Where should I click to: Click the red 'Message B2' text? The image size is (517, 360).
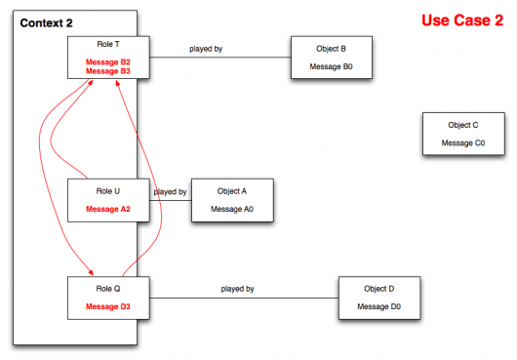pyautogui.click(x=107, y=61)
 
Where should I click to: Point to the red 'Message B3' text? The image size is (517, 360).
pyautogui.click(x=107, y=71)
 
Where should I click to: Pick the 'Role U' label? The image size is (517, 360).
pyautogui.click(x=107, y=191)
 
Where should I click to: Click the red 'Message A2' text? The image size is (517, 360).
pyautogui.click(x=107, y=209)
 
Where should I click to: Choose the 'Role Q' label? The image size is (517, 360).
pyautogui.click(x=107, y=289)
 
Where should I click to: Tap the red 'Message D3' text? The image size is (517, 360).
pyautogui.click(x=107, y=307)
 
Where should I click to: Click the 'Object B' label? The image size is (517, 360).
pyautogui.click(x=332, y=48)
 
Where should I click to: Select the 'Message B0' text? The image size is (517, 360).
pyautogui.click(x=332, y=66)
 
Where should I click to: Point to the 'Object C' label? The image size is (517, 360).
pyautogui.click(x=463, y=125)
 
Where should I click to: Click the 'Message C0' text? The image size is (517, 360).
pyautogui.click(x=463, y=143)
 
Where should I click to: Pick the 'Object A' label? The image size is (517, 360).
pyautogui.click(x=232, y=191)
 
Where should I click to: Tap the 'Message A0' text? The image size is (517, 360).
pyautogui.click(x=232, y=209)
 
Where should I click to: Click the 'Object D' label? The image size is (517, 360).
pyautogui.click(x=379, y=289)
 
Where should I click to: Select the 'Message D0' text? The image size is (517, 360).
pyautogui.click(x=379, y=307)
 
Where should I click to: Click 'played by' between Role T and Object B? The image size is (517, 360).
pyautogui.click(x=206, y=48)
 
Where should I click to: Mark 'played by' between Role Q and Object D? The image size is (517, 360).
pyautogui.click(x=237, y=289)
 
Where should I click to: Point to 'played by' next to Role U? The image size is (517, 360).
pyautogui.click(x=171, y=192)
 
